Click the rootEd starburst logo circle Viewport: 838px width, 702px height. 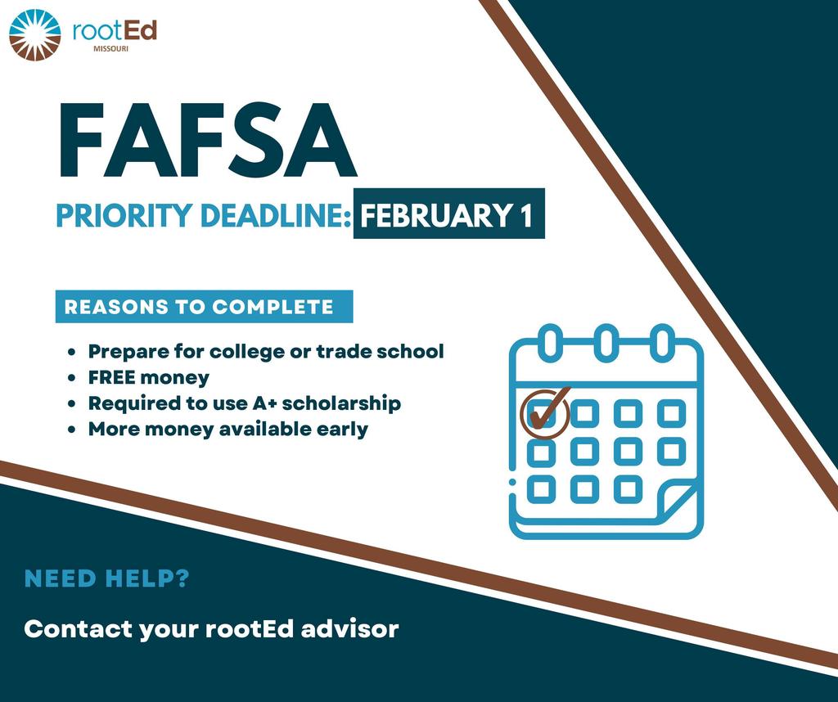click(35, 34)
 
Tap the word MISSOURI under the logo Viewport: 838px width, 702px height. click(110, 49)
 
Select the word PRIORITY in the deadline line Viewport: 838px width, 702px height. click(124, 214)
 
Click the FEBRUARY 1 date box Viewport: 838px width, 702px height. click(449, 214)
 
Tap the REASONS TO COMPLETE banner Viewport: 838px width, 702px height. click(204, 307)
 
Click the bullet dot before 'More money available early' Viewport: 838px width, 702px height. click(72, 430)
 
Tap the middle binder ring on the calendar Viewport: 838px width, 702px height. click(606, 341)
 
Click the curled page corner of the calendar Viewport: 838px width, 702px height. click(677, 502)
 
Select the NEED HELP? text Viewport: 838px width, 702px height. click(107, 578)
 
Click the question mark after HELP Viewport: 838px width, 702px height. click(182, 578)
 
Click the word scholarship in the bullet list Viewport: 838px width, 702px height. click(341, 403)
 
